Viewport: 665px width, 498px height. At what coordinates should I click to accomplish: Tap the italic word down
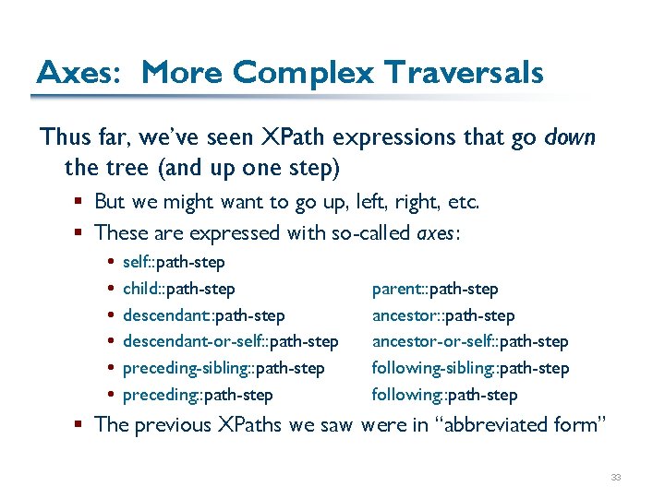(570, 137)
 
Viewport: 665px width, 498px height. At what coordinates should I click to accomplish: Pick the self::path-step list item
(174, 263)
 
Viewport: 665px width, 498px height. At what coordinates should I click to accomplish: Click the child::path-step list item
(178, 290)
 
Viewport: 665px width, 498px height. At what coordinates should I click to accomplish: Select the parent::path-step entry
(435, 290)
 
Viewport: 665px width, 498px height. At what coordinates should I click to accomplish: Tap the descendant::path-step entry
(203, 315)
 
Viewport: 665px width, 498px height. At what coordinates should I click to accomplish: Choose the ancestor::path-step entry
(443, 315)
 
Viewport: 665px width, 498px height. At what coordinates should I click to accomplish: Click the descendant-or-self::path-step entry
(230, 342)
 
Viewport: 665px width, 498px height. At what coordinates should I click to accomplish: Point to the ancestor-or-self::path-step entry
(470, 342)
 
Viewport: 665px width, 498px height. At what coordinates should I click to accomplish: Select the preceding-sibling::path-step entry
(224, 368)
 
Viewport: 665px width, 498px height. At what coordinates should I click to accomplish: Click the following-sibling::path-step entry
(470, 368)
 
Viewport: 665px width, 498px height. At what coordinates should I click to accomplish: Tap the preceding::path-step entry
(198, 395)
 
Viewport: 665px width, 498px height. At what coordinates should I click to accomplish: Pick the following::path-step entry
(444, 395)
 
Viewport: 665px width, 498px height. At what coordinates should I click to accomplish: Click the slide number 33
(615, 477)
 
